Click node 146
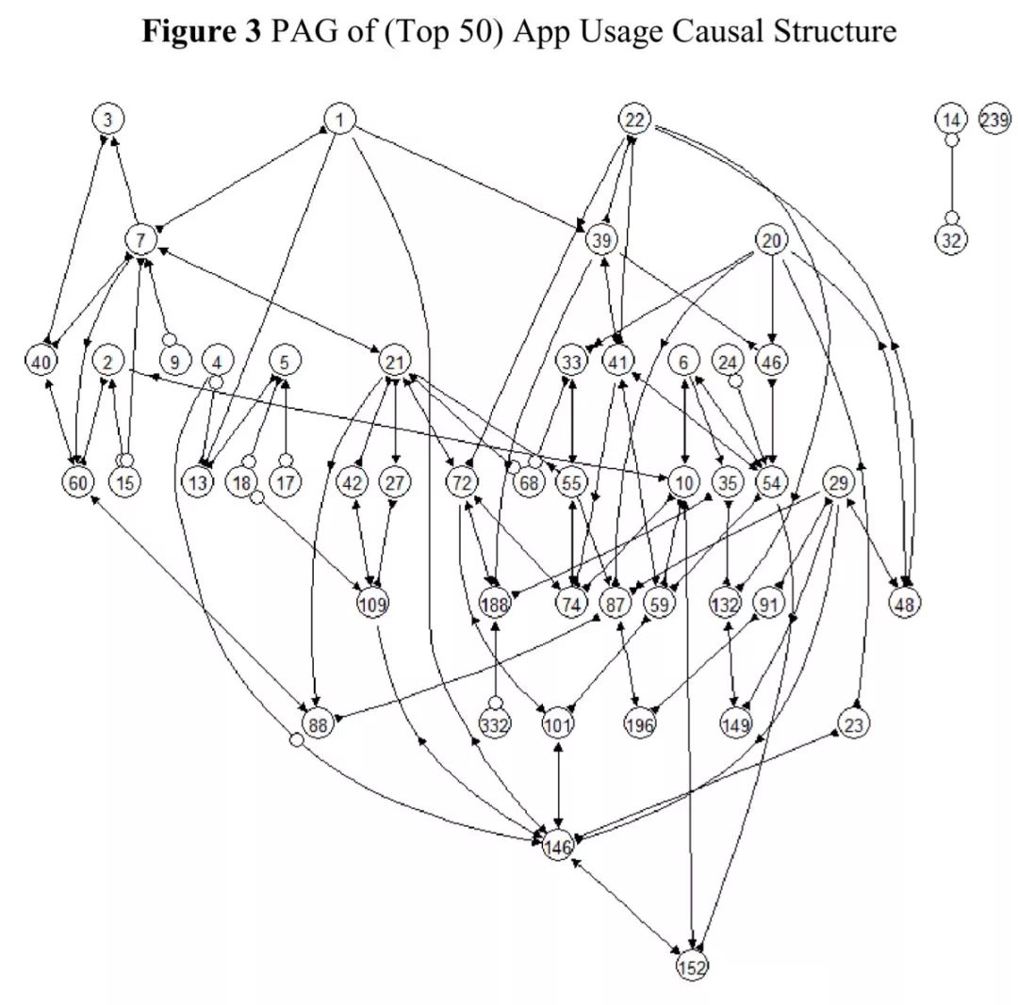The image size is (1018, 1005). coord(558,846)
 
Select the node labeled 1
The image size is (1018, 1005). coord(339,120)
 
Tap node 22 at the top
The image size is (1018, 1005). coord(634,120)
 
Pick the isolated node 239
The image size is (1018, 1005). coord(994,120)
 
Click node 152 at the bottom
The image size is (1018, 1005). coord(692,966)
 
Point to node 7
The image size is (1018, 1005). coord(140,240)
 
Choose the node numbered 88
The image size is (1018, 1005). coord(318,723)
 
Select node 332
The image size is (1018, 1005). coord(495,723)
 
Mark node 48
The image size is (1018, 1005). coord(904,604)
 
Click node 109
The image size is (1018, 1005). coord(372,604)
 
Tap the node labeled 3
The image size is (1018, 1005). coord(107,120)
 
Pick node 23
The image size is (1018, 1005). coord(853,723)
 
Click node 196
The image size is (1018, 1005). coord(639,723)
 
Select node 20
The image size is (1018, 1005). coord(771,240)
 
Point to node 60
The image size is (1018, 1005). coord(78,482)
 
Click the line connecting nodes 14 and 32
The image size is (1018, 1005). coord(952,178)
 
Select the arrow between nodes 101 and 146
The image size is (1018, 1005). coord(558,785)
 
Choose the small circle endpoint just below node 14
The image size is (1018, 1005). coord(952,139)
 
